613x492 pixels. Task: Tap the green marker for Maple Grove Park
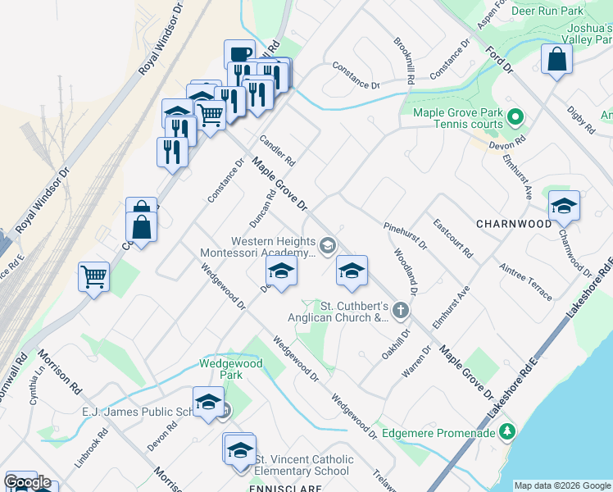515,117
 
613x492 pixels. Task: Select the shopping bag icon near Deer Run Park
557,61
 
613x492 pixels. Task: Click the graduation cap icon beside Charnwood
564,207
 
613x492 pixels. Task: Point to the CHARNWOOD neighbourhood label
513,224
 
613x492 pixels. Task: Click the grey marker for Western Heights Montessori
328,245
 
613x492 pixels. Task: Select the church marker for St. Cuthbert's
400,310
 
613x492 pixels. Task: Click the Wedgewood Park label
231,369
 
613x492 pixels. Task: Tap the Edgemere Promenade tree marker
507,430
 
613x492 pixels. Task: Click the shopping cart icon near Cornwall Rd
94,277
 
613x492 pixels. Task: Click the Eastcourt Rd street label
452,238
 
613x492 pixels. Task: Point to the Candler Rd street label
277,148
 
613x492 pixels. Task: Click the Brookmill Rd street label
404,61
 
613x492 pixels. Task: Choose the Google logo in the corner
28,482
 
